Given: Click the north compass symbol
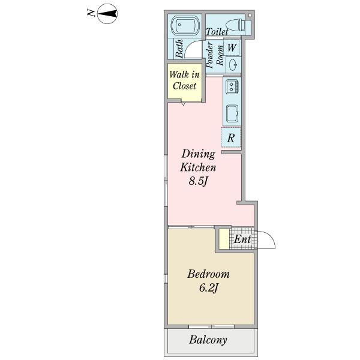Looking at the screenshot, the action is click(107, 14).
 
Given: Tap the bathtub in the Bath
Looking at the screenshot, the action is click(185, 25).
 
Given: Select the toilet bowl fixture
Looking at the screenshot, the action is click(238, 25).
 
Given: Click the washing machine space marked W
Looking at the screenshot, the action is click(232, 47).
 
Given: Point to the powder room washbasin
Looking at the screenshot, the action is click(233, 64).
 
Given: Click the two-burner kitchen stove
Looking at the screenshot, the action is click(232, 86).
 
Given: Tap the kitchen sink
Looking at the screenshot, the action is click(232, 113).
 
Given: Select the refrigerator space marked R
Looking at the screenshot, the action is click(231, 137).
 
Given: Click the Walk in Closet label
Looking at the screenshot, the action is click(184, 80).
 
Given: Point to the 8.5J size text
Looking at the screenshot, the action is click(199, 181).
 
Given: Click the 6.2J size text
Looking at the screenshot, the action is click(208, 287).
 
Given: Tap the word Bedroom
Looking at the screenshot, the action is click(208, 274).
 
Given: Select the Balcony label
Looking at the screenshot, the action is click(208, 340).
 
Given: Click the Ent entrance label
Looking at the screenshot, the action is click(242, 239).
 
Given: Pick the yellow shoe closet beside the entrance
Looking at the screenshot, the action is click(224, 239).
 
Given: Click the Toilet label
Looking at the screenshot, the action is click(217, 31).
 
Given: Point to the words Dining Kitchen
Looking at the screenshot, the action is click(198, 160).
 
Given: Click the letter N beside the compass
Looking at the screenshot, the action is click(91, 13).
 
